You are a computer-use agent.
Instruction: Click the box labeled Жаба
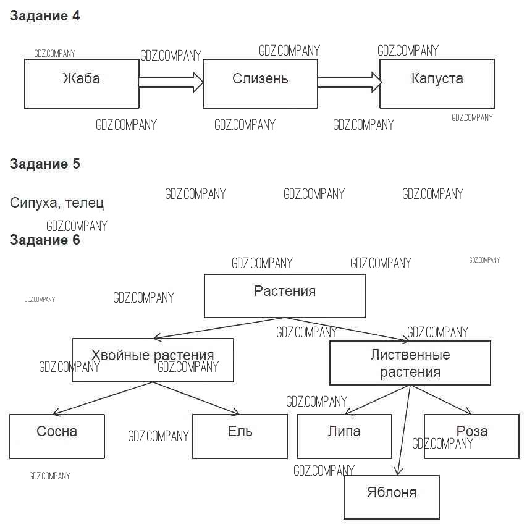pos(82,83)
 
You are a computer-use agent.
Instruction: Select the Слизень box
pos(260,83)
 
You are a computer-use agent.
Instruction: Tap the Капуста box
pos(437,83)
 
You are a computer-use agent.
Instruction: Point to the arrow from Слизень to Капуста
pos(349,81)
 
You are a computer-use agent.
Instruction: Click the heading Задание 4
pos(45,17)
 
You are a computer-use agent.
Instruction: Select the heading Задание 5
pos(45,164)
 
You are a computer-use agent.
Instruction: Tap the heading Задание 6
pos(45,240)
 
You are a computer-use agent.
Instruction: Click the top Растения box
pos(284,296)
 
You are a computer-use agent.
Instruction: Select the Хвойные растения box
pos(153,360)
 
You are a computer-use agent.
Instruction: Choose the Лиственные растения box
pos(410,363)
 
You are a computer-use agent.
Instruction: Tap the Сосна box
pos(57,436)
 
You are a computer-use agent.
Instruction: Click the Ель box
pos(240,436)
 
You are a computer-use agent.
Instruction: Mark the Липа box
pos(344,436)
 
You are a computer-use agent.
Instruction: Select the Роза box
pos(471,436)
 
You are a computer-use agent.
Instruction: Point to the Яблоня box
pos(391,497)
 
